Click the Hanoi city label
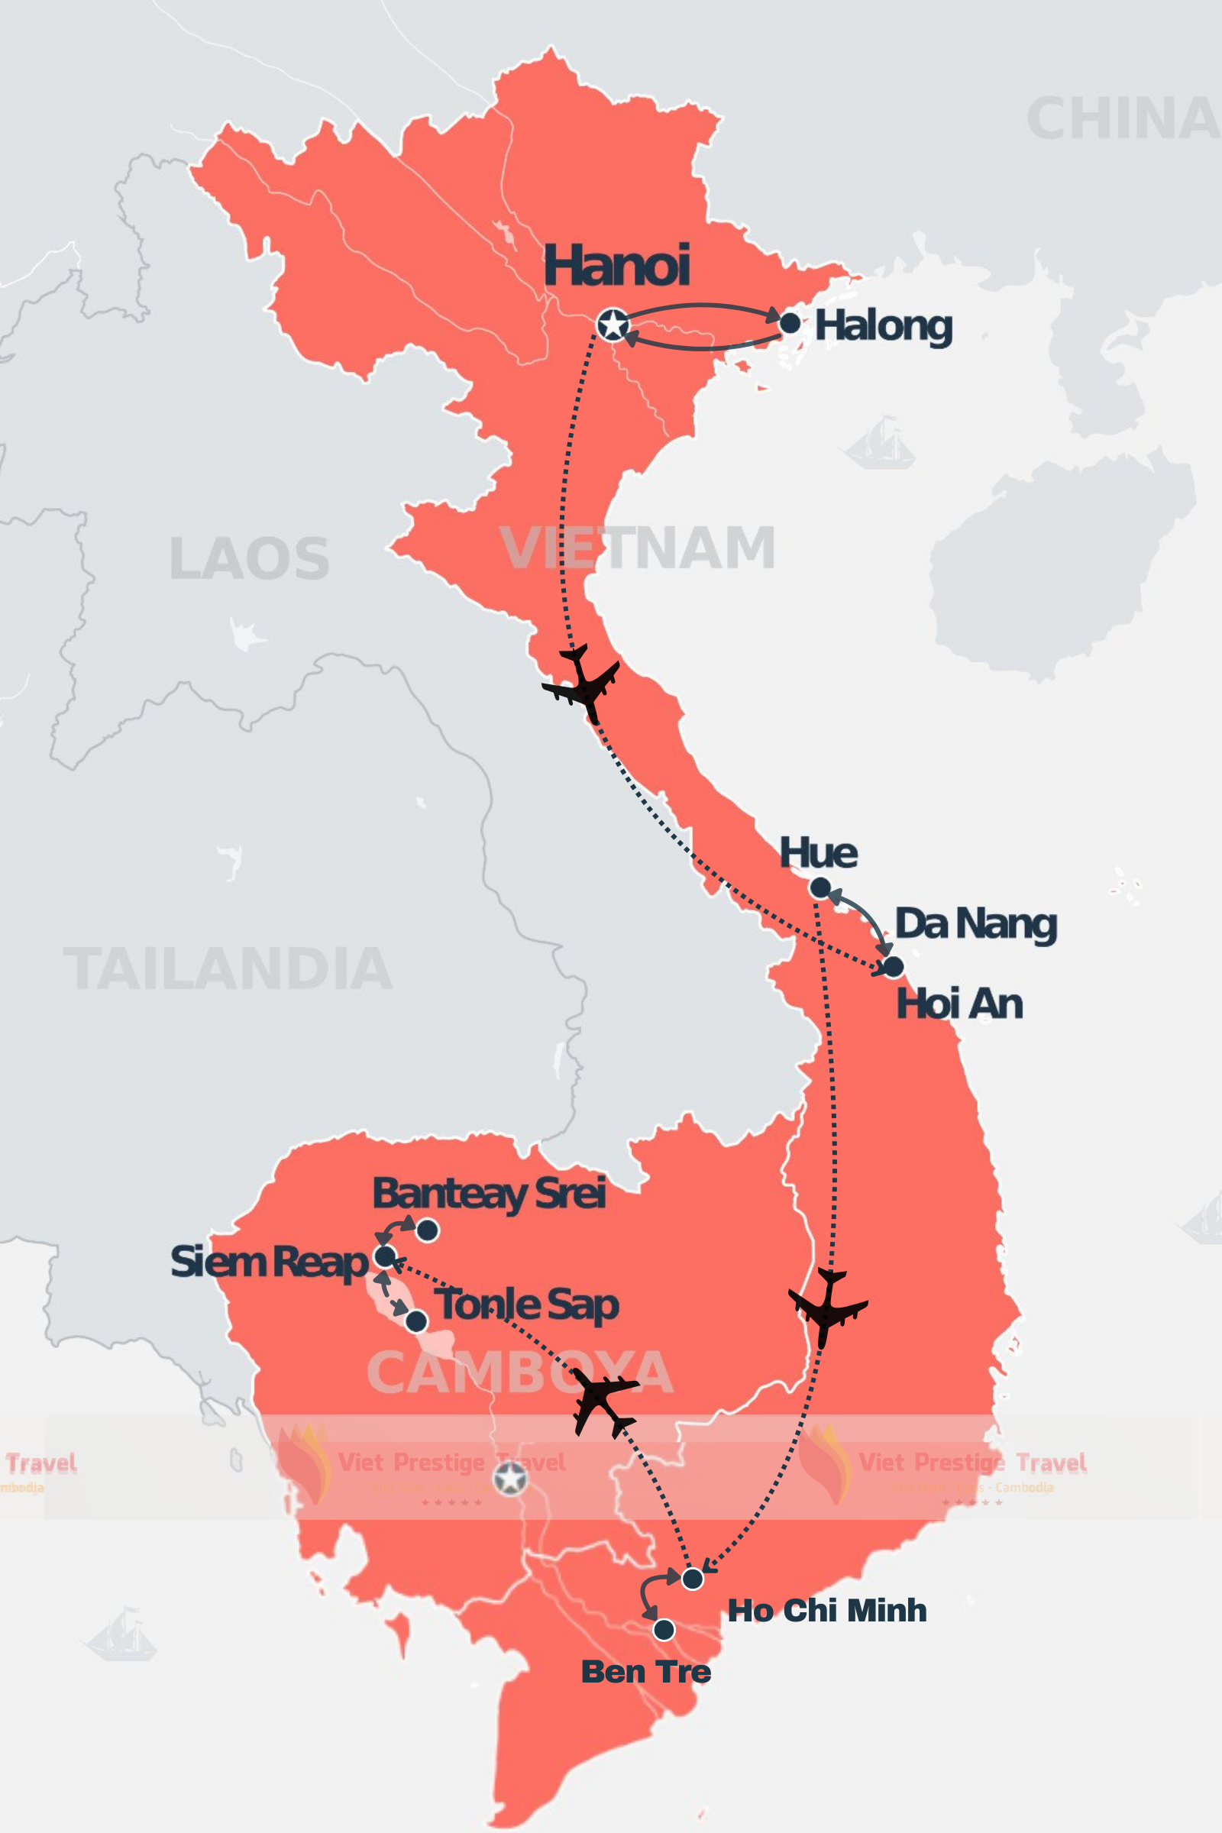pyautogui.click(x=616, y=266)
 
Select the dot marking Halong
pyautogui.click(x=790, y=322)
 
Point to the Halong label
pyautogui.click(x=883, y=326)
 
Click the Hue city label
pyautogui.click(x=818, y=852)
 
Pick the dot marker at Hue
pyautogui.click(x=820, y=887)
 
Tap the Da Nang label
pyautogui.click(x=976, y=924)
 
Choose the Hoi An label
pyautogui.click(x=959, y=1004)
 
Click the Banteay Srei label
pyautogui.click(x=490, y=1194)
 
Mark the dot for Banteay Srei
pyautogui.click(x=428, y=1230)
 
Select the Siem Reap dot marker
pyautogui.click(x=385, y=1256)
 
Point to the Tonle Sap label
pyautogui.click(x=527, y=1304)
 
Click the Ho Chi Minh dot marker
pyautogui.click(x=692, y=1579)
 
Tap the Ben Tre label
pyautogui.click(x=646, y=1672)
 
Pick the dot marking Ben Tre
pyautogui.click(x=664, y=1630)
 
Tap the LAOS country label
pyautogui.click(x=250, y=559)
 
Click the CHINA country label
pyautogui.click(x=1123, y=119)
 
